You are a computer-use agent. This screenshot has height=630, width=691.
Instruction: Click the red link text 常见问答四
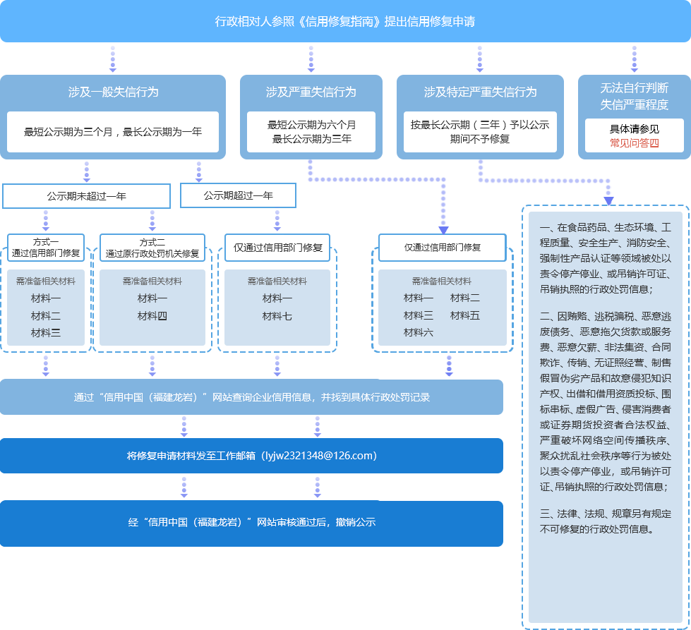[x=634, y=143]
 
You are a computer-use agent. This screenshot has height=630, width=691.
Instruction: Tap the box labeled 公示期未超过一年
[x=86, y=196]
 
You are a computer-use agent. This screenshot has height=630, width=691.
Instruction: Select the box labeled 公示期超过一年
[x=238, y=195]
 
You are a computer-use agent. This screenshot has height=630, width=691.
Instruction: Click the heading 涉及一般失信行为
[x=113, y=92]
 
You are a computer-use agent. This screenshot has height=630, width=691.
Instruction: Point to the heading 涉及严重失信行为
[x=311, y=92]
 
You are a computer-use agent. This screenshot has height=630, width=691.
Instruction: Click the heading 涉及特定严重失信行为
[x=480, y=92]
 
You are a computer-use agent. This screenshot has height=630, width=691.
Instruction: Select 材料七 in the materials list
[x=277, y=316]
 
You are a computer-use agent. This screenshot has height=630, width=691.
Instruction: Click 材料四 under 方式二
[x=152, y=316]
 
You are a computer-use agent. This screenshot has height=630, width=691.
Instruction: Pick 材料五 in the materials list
[x=464, y=315]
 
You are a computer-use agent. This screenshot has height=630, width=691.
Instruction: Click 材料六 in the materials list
[x=419, y=332]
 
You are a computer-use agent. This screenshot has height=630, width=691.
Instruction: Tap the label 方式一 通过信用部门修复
[x=46, y=248]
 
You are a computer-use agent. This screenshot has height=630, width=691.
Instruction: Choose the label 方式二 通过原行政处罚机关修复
[x=152, y=248]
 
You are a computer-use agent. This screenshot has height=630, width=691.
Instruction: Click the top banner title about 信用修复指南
[x=344, y=21]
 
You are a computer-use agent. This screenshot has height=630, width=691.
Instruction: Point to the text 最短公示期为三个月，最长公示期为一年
[x=113, y=132]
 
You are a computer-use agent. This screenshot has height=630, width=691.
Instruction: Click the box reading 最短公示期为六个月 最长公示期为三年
[x=311, y=132]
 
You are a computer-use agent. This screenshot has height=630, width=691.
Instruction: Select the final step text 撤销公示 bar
[x=251, y=523]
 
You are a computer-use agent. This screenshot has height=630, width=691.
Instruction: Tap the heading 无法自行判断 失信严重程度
[x=634, y=97]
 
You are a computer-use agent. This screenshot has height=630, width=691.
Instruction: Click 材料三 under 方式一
[x=46, y=332]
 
